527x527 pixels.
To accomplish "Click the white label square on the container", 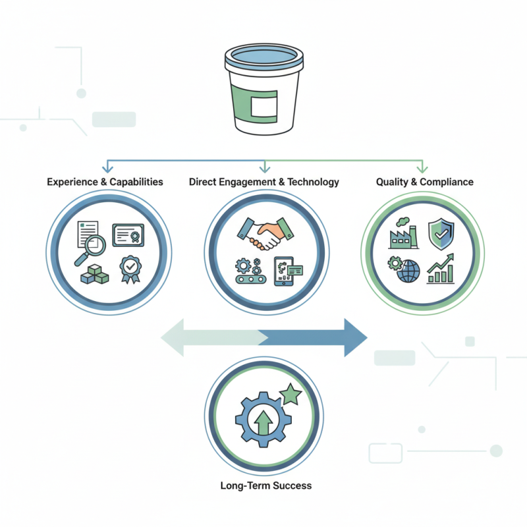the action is (x=264, y=106).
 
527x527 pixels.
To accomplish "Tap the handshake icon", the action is (x=265, y=234).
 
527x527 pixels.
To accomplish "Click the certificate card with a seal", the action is (x=128, y=235).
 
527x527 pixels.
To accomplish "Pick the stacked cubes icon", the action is (x=94, y=274).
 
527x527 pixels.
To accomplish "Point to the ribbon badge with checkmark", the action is (x=130, y=269).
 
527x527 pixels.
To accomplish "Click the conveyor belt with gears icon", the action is (x=251, y=271).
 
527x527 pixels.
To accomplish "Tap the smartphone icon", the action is (x=284, y=271).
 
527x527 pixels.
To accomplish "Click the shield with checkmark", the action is (x=441, y=234).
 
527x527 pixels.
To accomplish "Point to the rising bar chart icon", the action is (x=441, y=269).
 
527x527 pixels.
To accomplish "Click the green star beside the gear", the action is (x=291, y=394).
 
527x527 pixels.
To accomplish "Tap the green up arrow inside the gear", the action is (x=263, y=422).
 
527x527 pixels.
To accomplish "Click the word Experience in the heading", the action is (x=72, y=182).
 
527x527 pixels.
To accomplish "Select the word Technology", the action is (x=313, y=182).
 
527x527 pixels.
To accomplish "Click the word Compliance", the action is (x=447, y=182).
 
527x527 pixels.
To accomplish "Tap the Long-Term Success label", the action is (x=266, y=485).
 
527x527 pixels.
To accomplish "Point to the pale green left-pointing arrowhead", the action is (x=173, y=337).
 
